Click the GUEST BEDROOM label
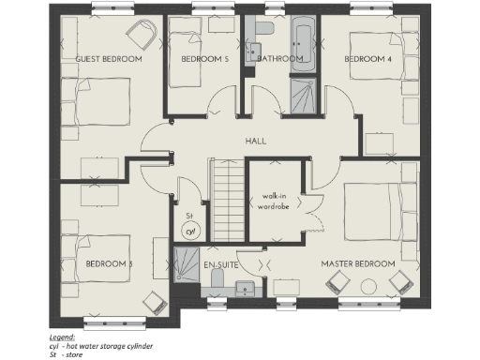[x=108, y=59]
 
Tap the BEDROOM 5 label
[x=204, y=59]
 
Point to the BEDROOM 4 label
[x=367, y=59]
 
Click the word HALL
[x=256, y=141]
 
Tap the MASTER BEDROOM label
[x=357, y=264]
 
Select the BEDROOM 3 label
[x=110, y=264]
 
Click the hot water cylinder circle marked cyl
[x=189, y=230]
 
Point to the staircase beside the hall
[x=226, y=199]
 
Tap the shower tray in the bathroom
[x=303, y=95]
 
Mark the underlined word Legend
[x=63, y=335]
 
